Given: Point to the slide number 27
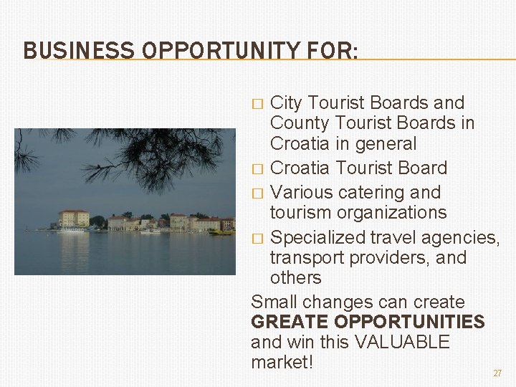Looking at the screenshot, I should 497,373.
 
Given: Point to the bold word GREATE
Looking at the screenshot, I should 290,322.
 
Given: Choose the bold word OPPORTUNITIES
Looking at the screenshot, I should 408,322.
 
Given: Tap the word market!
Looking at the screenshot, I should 282,362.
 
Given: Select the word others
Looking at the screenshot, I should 296,277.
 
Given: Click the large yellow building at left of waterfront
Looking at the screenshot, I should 74,218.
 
